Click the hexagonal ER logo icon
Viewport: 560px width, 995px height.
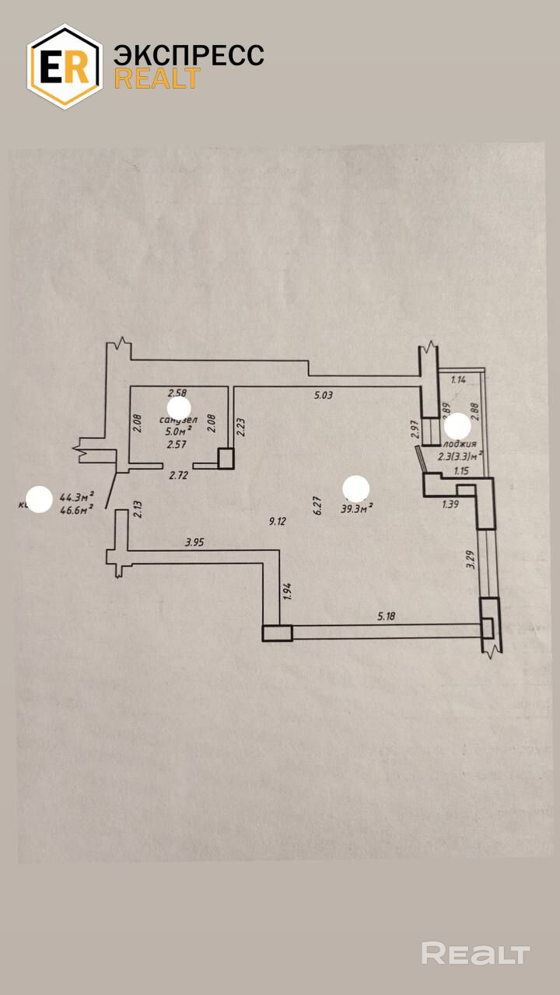click(65, 67)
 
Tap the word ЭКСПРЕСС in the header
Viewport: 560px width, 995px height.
click(189, 55)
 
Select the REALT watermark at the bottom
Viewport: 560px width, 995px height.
click(475, 953)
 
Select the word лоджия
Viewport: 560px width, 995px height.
click(460, 444)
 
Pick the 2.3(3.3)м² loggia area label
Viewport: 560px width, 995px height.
click(460, 456)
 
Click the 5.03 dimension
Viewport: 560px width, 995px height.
click(323, 395)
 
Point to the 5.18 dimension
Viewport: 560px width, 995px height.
click(387, 616)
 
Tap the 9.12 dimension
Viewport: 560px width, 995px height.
click(278, 522)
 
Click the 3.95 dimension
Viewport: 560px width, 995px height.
click(194, 542)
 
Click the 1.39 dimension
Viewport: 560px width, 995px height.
click(450, 505)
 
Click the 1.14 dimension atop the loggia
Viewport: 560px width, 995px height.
click(459, 380)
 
